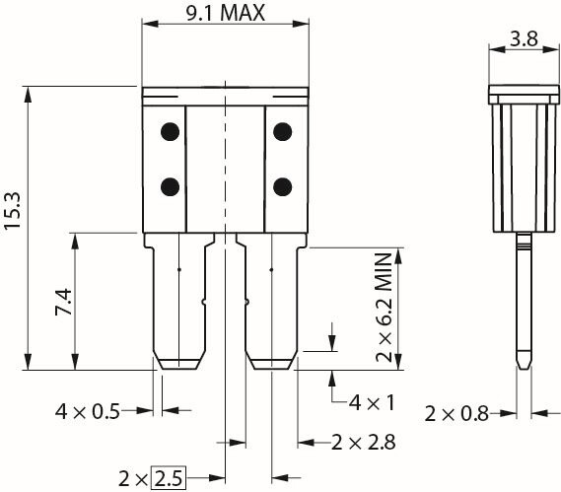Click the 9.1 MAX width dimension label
coord(226,13)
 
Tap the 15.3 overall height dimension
coord(12,211)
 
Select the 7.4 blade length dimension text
coord(64,303)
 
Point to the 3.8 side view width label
coord(524,38)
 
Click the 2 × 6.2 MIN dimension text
coord(385,308)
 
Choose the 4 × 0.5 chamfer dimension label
coord(88,411)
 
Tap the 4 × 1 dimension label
coord(372,402)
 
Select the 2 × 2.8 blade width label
coord(364,443)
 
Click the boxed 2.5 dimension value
coord(169,477)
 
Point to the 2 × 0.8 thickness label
coord(456,414)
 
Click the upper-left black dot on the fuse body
coord(170,132)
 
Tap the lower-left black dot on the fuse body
coord(170,186)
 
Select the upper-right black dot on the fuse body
coord(283,132)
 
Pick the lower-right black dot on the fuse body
coord(283,186)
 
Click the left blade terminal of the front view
coord(179,302)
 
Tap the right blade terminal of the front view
coord(271,302)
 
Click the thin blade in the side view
coord(525,301)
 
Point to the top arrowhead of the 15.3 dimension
coord(28,95)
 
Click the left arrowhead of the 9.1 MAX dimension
coord(150,24)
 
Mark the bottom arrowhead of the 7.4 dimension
coord(75,362)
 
